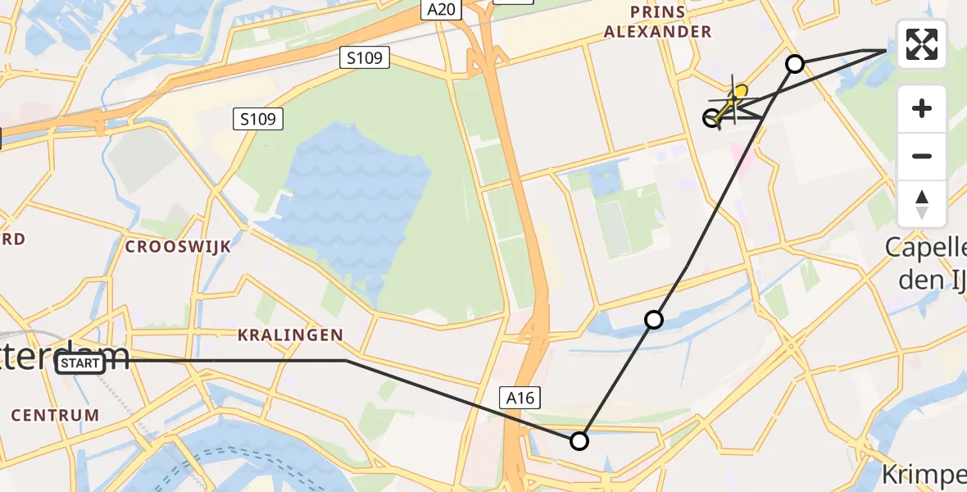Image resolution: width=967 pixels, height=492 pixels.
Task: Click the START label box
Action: (x=80, y=363)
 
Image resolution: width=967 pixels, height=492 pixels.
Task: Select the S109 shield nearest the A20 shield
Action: (x=365, y=57)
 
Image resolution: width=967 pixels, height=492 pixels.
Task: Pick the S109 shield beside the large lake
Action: (x=258, y=120)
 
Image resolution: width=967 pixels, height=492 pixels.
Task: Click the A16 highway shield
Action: (x=520, y=399)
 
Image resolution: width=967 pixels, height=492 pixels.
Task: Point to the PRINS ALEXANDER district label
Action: (x=670, y=22)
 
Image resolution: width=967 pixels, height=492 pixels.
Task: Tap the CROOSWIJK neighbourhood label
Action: (x=178, y=246)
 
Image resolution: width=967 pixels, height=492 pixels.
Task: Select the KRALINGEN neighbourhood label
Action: (x=290, y=335)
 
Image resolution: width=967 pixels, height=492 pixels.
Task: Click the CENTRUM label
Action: (x=55, y=416)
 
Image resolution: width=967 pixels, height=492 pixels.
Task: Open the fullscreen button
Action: (x=922, y=44)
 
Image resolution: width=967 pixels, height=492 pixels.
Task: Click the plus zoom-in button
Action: (x=922, y=108)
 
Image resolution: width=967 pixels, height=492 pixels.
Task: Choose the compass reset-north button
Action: (x=922, y=203)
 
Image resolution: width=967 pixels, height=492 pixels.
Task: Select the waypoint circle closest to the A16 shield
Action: (x=579, y=441)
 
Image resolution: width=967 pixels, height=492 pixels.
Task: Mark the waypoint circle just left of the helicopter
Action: (x=712, y=118)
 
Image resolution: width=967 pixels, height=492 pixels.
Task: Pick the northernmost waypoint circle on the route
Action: (x=794, y=63)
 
